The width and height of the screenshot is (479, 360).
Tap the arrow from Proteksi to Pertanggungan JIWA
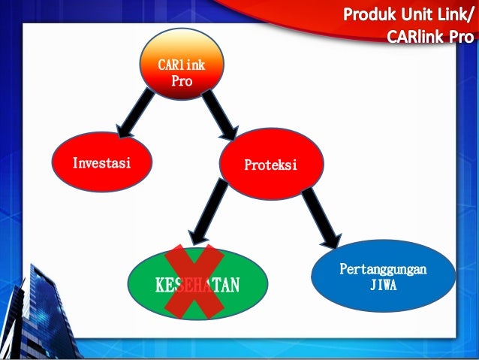click(323, 219)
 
